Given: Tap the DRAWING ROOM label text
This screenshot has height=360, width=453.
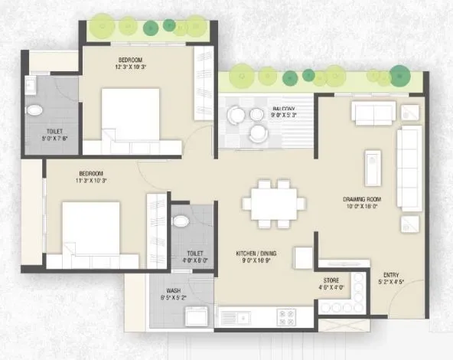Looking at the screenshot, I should point(362,199).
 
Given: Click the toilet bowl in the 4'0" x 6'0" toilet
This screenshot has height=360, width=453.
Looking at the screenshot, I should point(181,221).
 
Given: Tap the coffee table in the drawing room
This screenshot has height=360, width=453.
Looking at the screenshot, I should point(373,167).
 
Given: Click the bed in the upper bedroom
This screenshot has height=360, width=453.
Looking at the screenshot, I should point(130,115).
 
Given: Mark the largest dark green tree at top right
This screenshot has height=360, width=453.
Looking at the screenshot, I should point(399,74).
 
